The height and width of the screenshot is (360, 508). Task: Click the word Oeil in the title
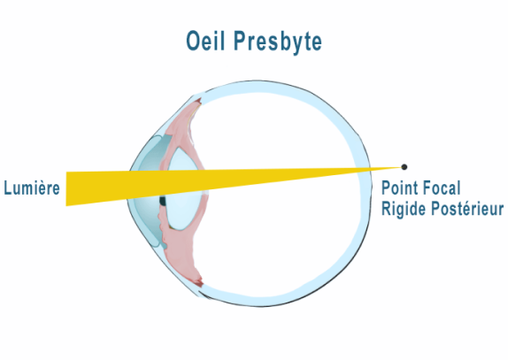pos(205,41)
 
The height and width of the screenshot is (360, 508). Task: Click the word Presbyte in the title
pos(278,42)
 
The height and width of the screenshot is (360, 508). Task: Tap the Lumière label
pos(32,188)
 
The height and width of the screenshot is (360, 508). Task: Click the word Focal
pos(443,188)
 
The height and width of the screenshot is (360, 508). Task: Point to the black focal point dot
pos(404,167)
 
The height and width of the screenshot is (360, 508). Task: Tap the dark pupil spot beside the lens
pos(163,201)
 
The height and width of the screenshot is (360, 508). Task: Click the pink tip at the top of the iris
pos(197,102)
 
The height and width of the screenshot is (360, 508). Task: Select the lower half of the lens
pos(185,211)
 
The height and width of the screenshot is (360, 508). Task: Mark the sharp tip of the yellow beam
pos(401,167)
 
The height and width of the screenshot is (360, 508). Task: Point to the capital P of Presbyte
pos(240,41)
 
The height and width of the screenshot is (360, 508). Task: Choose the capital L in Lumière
pos(8,188)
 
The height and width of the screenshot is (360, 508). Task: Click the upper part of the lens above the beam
pos(183,159)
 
